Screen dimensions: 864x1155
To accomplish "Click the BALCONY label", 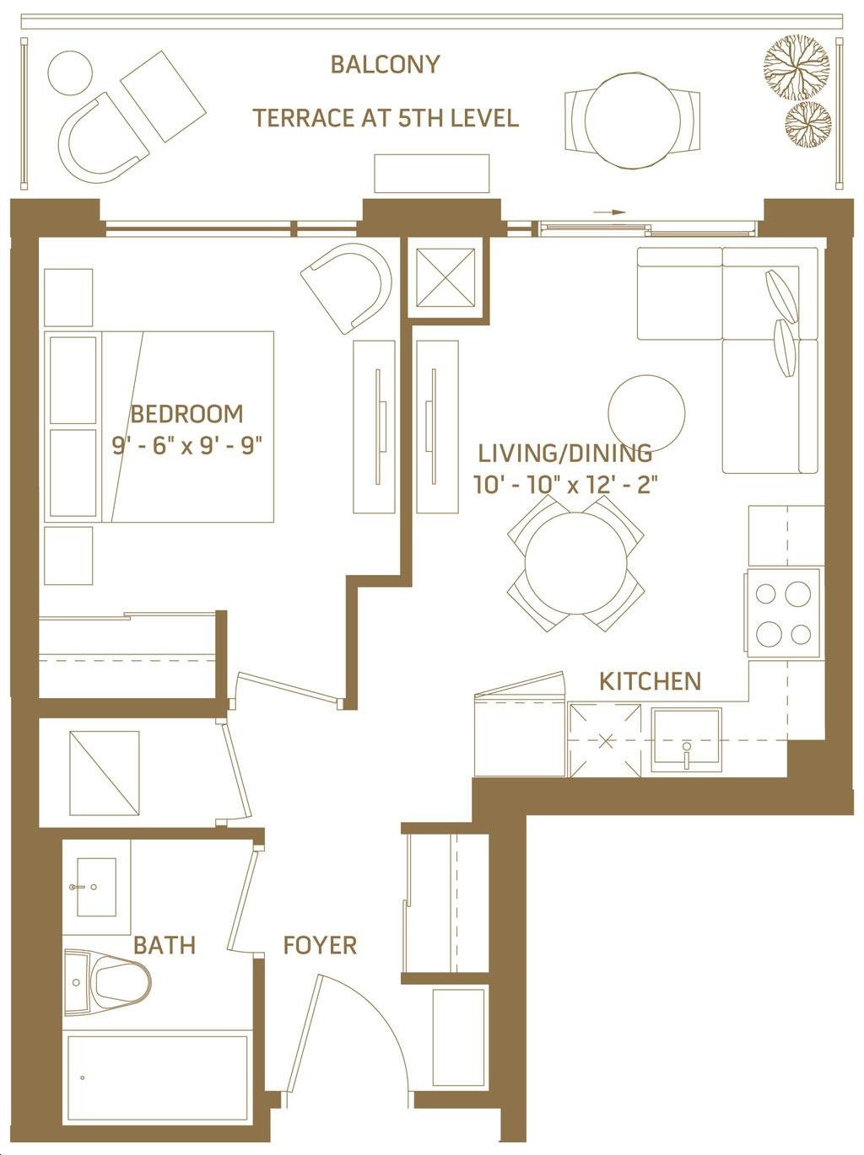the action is pos(385,64).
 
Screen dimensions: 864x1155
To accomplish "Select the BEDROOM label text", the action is pos(187,414).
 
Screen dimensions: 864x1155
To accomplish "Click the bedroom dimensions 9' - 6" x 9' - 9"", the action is pos(187,447).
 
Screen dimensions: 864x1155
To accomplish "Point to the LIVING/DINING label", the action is pos(564,453).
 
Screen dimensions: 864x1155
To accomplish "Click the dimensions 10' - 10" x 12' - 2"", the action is pos(566,484).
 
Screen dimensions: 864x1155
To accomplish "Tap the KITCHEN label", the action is pos(651,681).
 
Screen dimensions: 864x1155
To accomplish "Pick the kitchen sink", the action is pos(686,740).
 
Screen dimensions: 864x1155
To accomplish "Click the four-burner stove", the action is pos(783,614).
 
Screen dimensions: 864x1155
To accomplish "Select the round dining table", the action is pos(575,563).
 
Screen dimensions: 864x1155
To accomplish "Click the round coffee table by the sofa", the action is pos(646,413).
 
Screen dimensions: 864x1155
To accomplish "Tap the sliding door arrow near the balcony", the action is pos(609,212).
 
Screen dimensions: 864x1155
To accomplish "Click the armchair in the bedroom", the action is pos(348,287).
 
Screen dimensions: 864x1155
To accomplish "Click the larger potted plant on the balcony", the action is pos(796,67).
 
